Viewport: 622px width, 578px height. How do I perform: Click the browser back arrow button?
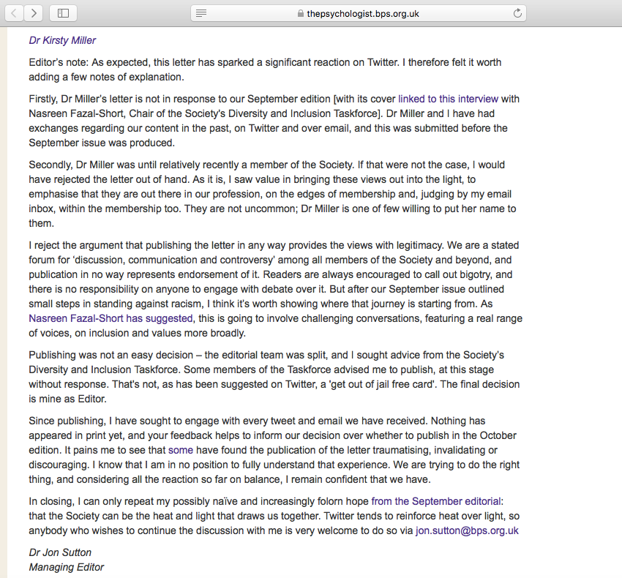14,12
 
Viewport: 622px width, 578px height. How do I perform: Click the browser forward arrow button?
34,12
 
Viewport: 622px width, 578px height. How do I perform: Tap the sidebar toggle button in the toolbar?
63,12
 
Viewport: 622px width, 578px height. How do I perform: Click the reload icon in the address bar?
518,13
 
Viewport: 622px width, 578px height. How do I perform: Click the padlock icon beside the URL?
300,13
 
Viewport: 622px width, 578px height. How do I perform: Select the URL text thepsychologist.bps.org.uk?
363,13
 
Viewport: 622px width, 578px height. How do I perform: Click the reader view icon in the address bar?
201,13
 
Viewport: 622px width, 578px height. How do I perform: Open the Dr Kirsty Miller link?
62,40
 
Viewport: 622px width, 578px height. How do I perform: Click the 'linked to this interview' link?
448,99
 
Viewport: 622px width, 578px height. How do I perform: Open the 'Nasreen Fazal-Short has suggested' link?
110,318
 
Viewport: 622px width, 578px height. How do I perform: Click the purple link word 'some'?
180,450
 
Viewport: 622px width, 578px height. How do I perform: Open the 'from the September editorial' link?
436,501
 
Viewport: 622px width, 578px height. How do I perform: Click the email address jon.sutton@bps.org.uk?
467,530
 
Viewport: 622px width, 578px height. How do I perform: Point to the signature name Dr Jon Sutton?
60,552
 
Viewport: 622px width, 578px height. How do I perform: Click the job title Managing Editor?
67,567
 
